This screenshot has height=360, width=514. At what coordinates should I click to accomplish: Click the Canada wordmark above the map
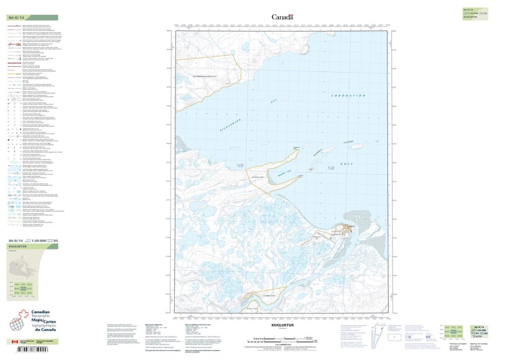click(282, 17)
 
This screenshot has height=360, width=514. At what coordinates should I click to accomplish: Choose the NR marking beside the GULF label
click(332, 168)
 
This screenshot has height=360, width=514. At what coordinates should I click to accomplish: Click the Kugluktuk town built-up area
click(350, 229)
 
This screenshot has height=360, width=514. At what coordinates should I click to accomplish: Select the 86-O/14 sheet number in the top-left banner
click(15, 18)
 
